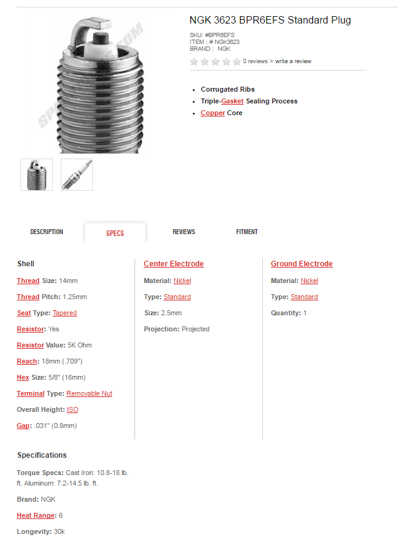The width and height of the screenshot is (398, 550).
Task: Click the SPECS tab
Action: [115, 233]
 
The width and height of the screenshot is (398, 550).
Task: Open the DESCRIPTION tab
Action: [46, 232]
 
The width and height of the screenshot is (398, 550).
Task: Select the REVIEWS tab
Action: [184, 232]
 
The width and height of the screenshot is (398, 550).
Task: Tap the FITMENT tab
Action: [247, 232]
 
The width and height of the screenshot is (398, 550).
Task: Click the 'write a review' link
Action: [293, 61]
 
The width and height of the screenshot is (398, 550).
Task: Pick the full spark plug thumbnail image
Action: [77, 175]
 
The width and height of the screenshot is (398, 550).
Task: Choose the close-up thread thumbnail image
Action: [37, 175]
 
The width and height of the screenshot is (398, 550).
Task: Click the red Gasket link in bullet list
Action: [232, 101]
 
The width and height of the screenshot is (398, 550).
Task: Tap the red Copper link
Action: [213, 113]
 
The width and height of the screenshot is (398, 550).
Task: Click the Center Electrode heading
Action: [174, 264]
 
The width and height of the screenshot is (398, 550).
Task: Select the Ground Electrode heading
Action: [301, 264]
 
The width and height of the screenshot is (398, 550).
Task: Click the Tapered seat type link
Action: [64, 313]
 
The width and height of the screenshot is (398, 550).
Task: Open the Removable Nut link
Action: [89, 393]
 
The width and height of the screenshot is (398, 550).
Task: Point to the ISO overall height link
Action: [73, 409]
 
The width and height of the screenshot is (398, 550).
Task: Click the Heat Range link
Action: [35, 515]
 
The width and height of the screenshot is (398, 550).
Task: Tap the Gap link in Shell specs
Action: [22, 426]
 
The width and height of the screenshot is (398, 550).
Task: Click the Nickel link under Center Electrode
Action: [182, 281]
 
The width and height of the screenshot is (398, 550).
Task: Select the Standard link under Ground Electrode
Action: [304, 297]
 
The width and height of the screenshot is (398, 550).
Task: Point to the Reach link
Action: [27, 361]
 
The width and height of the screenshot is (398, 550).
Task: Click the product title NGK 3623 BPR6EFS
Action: [270, 20]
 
